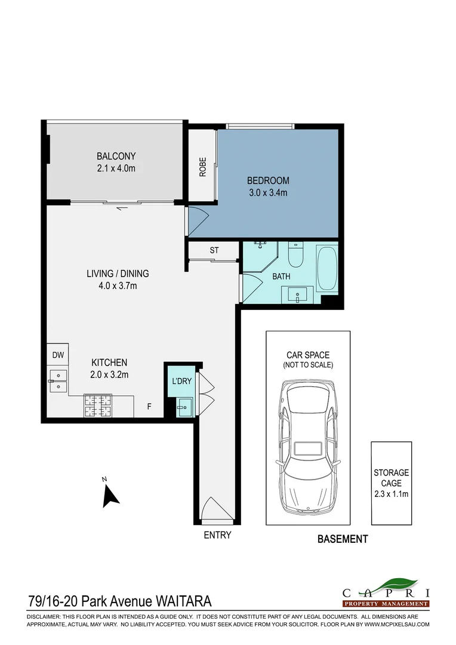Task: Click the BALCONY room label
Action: click(116, 156)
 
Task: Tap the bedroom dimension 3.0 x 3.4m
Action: click(268, 192)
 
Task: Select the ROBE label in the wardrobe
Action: click(203, 167)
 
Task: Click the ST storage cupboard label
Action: click(214, 250)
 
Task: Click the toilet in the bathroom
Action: click(295, 254)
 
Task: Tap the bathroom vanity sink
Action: click(297, 295)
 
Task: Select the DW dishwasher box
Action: click(57, 355)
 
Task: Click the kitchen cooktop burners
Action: click(98, 406)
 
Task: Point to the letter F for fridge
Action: click(149, 407)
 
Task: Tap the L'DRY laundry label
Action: click(181, 381)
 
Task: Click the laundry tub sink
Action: click(184, 407)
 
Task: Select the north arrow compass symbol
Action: click(110, 496)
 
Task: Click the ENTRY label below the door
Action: click(217, 535)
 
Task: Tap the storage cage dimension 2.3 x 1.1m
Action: click(391, 494)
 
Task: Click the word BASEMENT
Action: click(343, 539)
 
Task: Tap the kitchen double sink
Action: click(57, 380)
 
